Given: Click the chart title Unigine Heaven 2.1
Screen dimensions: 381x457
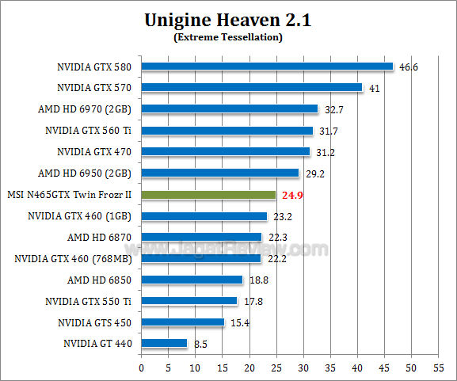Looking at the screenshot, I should tap(227, 21).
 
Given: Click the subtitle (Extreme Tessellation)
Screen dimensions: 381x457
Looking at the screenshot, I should tap(227, 37).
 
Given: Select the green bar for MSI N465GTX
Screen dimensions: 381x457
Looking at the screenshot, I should tap(208, 194).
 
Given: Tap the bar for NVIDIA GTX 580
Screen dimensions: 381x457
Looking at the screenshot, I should tap(267, 67).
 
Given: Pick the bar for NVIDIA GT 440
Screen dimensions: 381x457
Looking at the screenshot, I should tap(164, 343).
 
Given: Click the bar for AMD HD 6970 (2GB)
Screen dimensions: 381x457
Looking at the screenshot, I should tap(229, 109).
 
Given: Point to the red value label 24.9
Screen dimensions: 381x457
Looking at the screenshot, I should tap(292, 194).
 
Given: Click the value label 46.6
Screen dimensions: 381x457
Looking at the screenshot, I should tap(409, 67).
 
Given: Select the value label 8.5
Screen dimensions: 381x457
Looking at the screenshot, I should tap(201, 344).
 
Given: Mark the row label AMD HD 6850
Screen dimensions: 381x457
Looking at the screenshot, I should tap(100, 280).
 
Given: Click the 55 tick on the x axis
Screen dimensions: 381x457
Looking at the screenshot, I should tap(438, 368).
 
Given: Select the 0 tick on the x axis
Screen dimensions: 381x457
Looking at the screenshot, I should tap(141, 368).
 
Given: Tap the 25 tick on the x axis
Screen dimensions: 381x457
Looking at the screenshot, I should tap(276, 368).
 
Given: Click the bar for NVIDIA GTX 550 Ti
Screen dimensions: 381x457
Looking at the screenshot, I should tap(189, 301).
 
